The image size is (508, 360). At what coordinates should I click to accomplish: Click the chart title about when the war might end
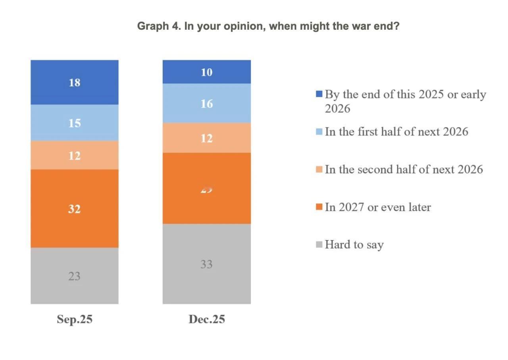(268, 27)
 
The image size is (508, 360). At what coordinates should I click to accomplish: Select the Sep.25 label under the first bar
(75, 320)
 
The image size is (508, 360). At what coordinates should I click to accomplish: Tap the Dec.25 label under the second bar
(206, 320)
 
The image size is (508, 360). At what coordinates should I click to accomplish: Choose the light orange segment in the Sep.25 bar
(75, 155)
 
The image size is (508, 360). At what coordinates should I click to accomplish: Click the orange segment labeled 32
(75, 222)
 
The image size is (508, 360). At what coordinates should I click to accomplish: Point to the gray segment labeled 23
(75, 286)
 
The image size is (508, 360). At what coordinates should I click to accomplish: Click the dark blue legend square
(319, 94)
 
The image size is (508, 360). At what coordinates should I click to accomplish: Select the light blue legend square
(319, 132)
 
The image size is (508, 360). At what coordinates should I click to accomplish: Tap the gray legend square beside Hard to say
(319, 245)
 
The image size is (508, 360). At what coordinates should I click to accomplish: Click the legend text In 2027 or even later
(377, 207)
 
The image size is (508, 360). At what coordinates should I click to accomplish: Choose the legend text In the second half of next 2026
(404, 169)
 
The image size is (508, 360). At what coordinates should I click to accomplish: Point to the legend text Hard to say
(354, 244)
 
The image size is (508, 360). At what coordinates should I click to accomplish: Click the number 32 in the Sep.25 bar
(74, 209)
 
